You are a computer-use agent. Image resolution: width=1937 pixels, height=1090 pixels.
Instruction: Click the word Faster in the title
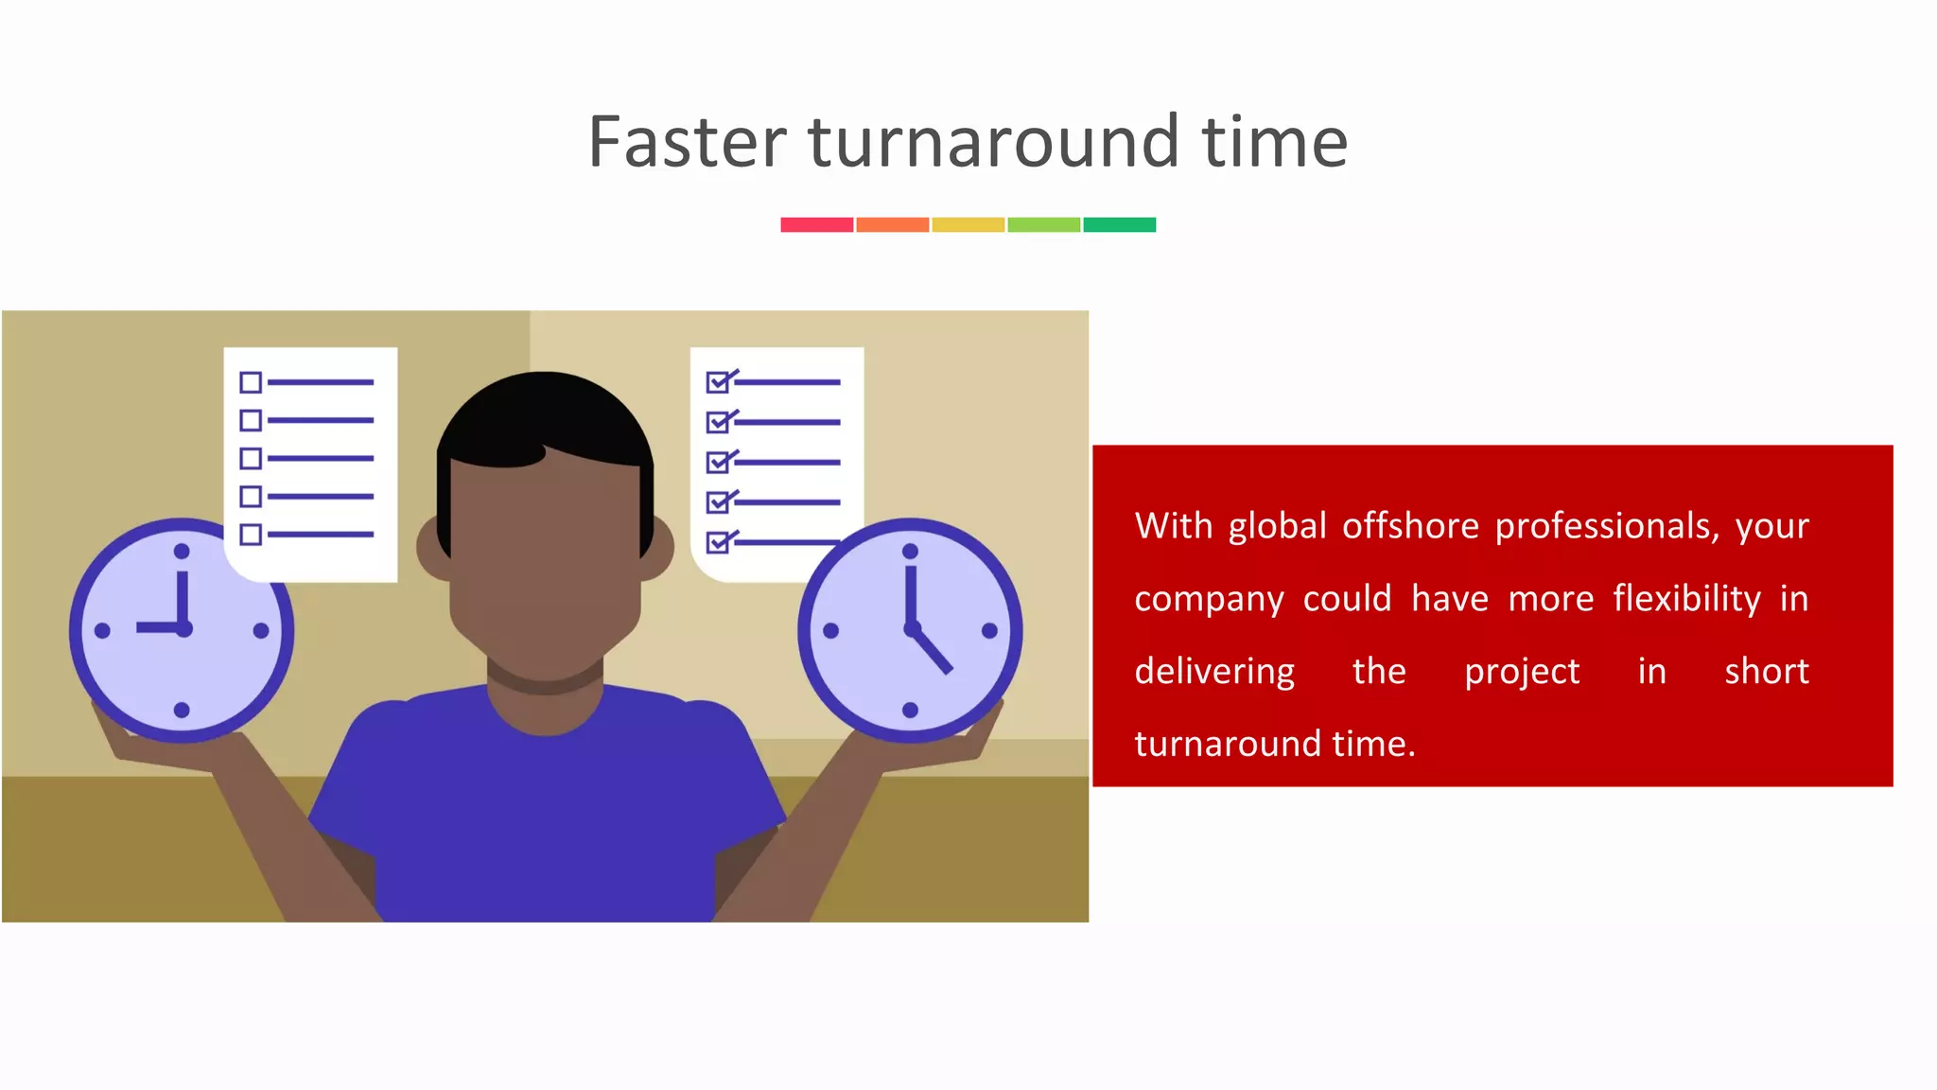click(687, 142)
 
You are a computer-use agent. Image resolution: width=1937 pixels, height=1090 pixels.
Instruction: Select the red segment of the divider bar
click(816, 224)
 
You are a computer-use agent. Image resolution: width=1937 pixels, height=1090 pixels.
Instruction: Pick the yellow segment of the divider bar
click(968, 224)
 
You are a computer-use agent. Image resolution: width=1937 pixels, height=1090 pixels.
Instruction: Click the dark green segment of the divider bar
click(1119, 224)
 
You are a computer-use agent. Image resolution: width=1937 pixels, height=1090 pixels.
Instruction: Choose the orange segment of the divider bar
click(892, 224)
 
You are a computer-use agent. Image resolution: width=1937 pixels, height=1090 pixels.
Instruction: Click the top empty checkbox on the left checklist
click(251, 382)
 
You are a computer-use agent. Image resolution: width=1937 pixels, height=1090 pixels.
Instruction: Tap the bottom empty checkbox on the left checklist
click(251, 535)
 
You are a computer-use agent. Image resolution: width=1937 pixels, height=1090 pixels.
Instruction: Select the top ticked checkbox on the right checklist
click(718, 382)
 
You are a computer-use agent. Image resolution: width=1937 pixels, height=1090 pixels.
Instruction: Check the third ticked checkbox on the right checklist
click(718, 462)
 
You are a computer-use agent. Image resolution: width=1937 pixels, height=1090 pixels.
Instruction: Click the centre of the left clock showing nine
click(183, 628)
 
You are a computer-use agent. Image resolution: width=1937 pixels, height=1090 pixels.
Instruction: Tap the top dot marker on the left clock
click(182, 552)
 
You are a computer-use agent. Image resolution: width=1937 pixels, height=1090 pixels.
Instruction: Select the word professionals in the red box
click(1606, 526)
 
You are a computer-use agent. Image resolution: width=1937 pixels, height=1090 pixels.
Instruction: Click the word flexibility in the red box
click(1686, 599)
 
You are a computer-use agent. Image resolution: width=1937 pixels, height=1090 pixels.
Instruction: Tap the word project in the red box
click(1521, 672)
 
